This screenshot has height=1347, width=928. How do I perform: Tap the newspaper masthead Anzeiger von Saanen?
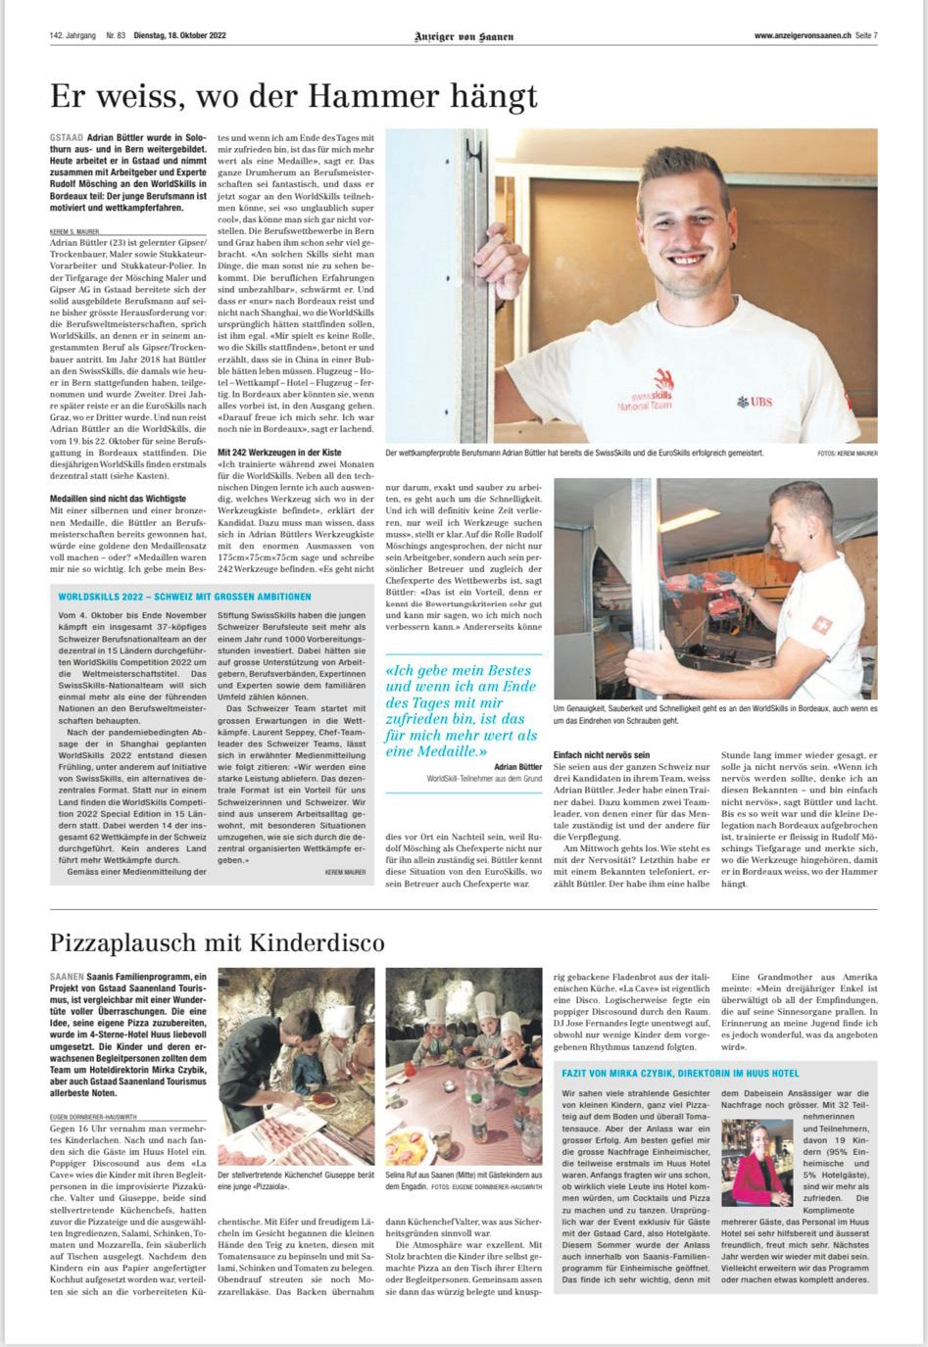click(x=464, y=36)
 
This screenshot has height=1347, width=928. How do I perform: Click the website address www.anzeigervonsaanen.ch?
click(x=801, y=36)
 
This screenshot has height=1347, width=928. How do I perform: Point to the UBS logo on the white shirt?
click(x=755, y=401)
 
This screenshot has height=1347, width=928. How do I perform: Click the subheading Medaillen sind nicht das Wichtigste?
click(x=118, y=499)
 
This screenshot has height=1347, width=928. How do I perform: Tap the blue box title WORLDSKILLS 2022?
click(x=184, y=596)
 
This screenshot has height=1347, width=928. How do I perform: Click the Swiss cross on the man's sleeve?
click(x=823, y=624)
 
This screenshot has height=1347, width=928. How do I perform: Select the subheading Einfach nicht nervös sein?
click(x=602, y=755)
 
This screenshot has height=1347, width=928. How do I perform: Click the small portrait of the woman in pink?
click(x=756, y=1163)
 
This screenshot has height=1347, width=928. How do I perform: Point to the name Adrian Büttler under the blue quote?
click(x=517, y=767)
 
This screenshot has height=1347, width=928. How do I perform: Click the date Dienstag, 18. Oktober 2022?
click(x=179, y=36)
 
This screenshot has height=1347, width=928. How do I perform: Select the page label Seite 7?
click(x=865, y=36)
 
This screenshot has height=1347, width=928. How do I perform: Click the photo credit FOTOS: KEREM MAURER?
click(x=847, y=454)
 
